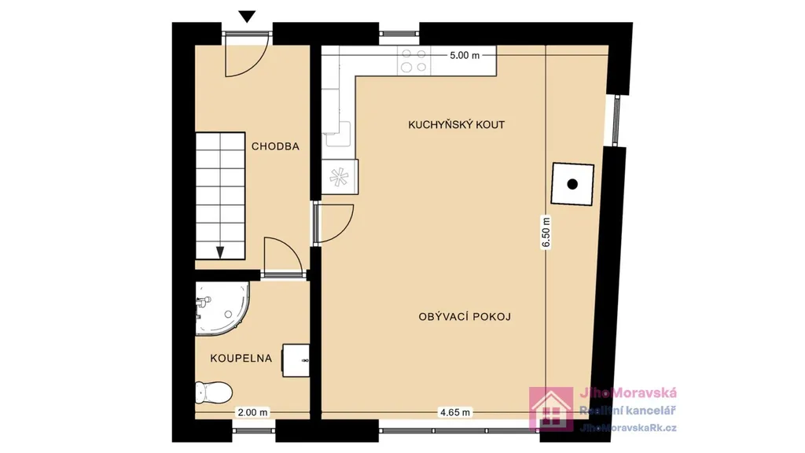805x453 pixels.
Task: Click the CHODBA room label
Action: tap(275, 146)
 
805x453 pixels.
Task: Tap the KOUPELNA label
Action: tap(241, 359)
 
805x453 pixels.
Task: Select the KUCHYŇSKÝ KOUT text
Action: tap(457, 125)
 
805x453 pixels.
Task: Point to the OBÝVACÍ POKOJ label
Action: tap(465, 317)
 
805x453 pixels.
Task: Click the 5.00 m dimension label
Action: tap(465, 56)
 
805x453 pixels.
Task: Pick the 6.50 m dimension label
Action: tap(546, 233)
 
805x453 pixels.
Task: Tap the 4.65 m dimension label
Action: tap(455, 412)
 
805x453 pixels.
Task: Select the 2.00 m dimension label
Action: tap(252, 412)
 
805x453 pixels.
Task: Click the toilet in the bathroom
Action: tap(214, 392)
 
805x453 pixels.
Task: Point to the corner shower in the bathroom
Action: tap(221, 308)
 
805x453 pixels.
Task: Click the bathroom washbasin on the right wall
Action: tap(296, 360)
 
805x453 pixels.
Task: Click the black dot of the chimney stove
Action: tap(572, 184)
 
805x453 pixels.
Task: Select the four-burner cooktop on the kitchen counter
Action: tap(414, 60)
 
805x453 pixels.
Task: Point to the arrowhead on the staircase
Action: tap(220, 252)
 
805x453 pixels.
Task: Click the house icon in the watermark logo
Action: tap(551, 409)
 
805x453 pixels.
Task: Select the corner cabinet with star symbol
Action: tap(340, 177)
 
